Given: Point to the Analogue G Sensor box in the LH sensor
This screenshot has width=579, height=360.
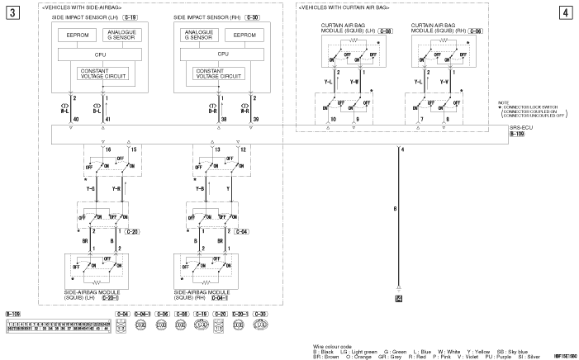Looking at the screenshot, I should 124,35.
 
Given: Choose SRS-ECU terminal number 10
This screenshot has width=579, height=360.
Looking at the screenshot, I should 332,121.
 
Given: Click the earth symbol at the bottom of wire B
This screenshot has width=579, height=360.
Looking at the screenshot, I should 399,296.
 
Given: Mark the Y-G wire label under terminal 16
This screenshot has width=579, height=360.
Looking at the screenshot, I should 90,189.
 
